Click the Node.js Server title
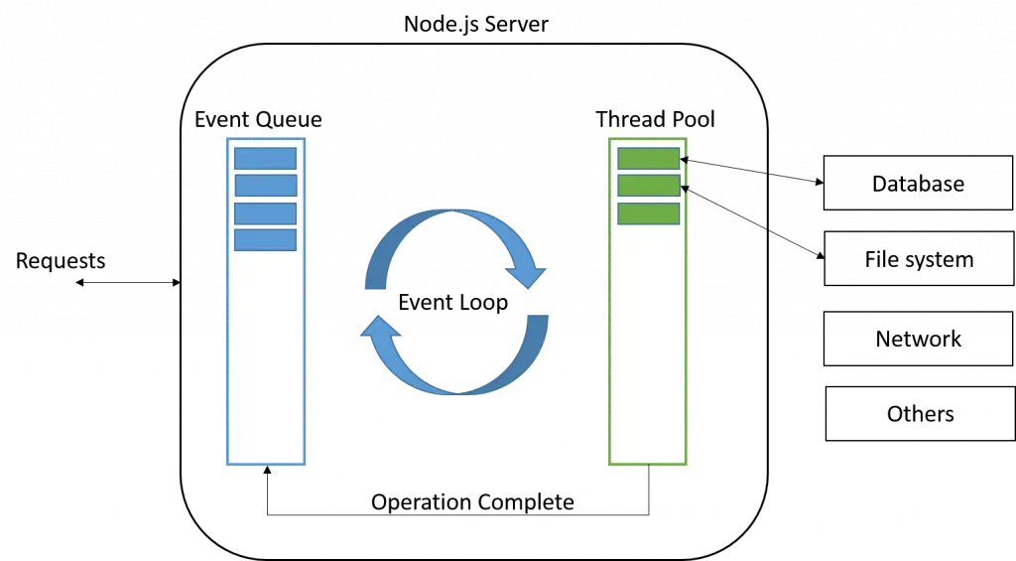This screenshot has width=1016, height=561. pyautogui.click(x=475, y=24)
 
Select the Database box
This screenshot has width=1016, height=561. pyautogui.click(x=918, y=183)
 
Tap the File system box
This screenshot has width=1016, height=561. pyautogui.click(x=919, y=259)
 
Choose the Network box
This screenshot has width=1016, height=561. pyautogui.click(x=918, y=339)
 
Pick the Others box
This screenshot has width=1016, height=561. pyautogui.click(x=920, y=414)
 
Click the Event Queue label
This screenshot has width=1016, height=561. pyautogui.click(x=258, y=119)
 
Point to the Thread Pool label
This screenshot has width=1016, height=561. pyautogui.click(x=655, y=119)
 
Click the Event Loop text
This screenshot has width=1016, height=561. pyautogui.click(x=452, y=302)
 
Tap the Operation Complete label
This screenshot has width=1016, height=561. pyautogui.click(x=472, y=502)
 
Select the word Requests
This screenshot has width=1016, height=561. pyautogui.click(x=61, y=261)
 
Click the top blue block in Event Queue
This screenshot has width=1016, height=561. pyautogui.click(x=266, y=159)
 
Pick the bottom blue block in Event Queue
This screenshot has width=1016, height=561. pyautogui.click(x=266, y=240)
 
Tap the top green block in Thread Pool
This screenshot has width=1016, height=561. pyautogui.click(x=649, y=159)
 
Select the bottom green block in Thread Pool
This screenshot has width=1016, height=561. pyautogui.click(x=649, y=214)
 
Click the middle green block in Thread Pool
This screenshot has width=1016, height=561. pyautogui.click(x=649, y=186)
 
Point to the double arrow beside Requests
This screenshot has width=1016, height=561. pyautogui.click(x=128, y=282)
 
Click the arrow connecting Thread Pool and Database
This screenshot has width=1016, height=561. pyautogui.click(x=752, y=171)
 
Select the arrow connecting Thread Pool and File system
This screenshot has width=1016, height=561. pyautogui.click(x=752, y=223)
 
